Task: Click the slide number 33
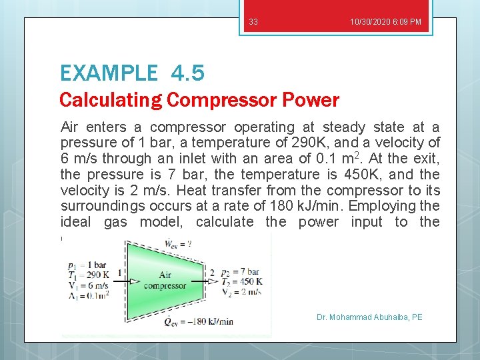[x=253, y=22]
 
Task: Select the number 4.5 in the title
[x=187, y=72]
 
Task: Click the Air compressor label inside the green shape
[x=165, y=280]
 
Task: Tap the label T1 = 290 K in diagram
[x=88, y=274]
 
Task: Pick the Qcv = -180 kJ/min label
[x=193, y=321]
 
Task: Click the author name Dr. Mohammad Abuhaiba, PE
[x=369, y=317]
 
